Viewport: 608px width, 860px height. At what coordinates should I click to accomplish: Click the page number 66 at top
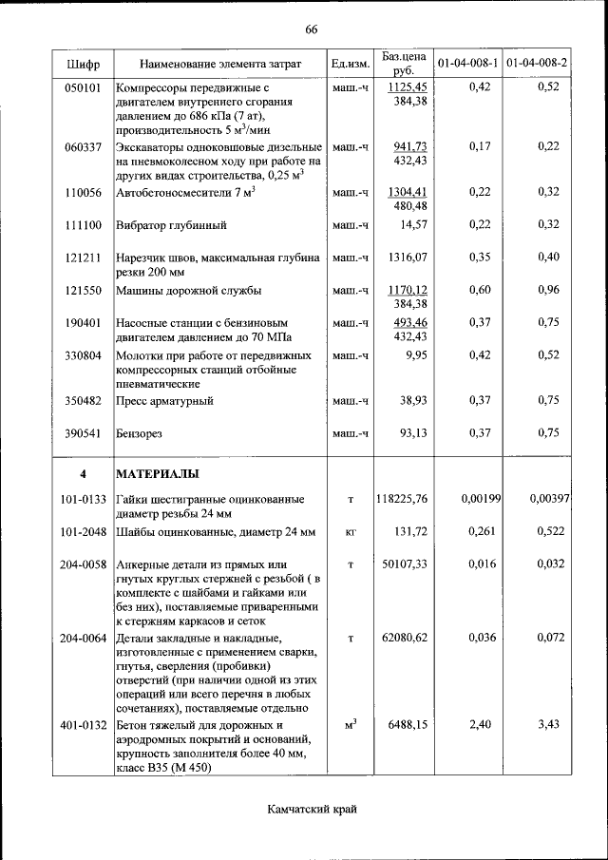point(311,29)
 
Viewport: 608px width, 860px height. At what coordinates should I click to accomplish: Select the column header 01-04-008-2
point(537,64)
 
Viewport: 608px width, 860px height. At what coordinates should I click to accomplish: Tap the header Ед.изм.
point(349,64)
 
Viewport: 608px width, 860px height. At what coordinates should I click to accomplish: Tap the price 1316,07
point(408,258)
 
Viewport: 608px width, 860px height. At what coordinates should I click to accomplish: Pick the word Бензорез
point(139,433)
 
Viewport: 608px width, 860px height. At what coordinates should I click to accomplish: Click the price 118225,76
point(402,498)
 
